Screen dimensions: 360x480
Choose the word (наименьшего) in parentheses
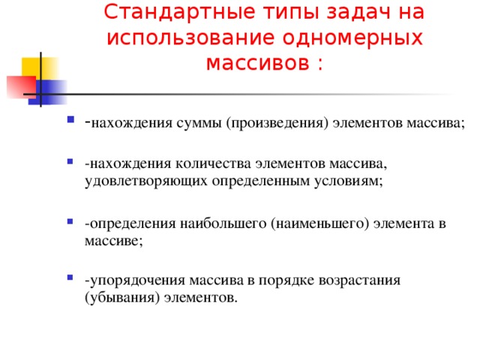[x=322, y=223]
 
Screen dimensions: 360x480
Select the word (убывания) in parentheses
[x=116, y=298]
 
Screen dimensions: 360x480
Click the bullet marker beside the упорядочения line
[x=70, y=281]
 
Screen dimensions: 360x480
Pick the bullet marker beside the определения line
[x=70, y=223]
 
